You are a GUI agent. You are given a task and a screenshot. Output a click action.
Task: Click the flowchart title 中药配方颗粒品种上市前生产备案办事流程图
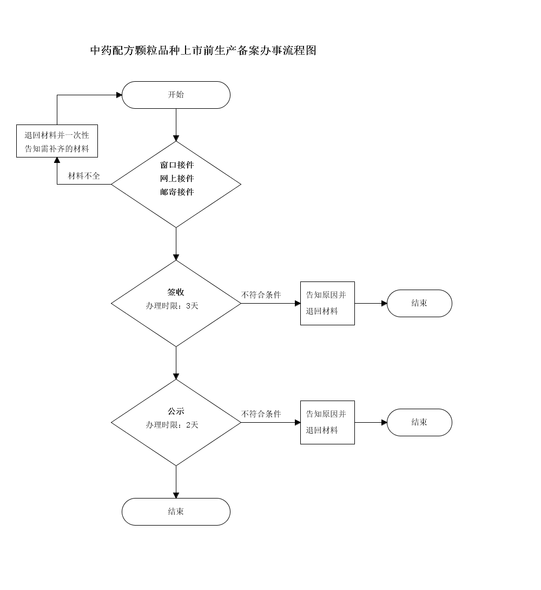[203, 51]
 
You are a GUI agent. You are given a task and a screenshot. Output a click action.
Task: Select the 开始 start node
[176, 95]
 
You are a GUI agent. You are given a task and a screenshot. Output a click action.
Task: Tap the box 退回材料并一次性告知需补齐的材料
[57, 141]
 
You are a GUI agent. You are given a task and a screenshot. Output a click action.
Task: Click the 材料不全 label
[84, 176]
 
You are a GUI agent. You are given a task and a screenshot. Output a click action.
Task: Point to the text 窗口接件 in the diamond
[176, 165]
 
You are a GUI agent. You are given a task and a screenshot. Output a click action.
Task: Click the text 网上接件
[176, 179]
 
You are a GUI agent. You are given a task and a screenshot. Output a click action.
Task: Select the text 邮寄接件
[176, 192]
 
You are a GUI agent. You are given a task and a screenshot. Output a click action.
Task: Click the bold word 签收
[176, 292]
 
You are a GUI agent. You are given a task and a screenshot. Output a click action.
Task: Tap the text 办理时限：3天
[172, 306]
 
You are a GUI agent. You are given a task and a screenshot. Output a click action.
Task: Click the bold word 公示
[176, 411]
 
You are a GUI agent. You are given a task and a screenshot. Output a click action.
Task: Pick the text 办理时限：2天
[172, 425]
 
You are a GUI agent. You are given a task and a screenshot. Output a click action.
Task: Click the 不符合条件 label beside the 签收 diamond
[261, 295]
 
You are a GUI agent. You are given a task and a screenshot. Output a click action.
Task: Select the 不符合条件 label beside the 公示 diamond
[261, 414]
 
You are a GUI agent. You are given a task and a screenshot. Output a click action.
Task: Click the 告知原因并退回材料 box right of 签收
[327, 303]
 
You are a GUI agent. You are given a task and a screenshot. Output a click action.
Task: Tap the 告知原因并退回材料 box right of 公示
[327, 422]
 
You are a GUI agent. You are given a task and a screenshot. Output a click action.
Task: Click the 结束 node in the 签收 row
[419, 303]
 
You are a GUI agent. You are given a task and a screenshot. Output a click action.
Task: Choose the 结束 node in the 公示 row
[419, 422]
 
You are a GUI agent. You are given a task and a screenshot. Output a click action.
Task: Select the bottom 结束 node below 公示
[176, 512]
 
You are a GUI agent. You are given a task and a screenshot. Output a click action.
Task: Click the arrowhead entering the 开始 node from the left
[119, 95]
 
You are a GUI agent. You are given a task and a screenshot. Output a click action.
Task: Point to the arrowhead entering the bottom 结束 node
[176, 495]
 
